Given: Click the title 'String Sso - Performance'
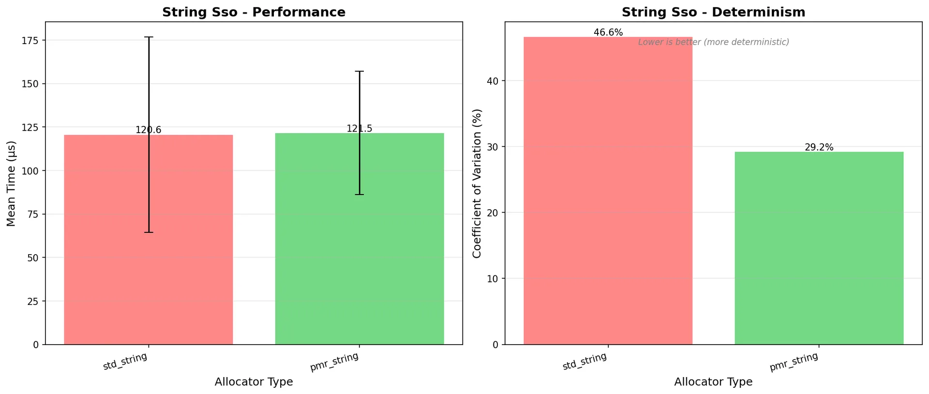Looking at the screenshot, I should (x=254, y=12).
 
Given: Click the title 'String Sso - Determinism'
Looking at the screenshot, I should (x=713, y=12).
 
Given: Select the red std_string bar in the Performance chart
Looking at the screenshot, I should (x=106, y=242).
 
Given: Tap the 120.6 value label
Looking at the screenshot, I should (x=148, y=130).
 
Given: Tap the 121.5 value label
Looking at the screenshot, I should (x=359, y=128).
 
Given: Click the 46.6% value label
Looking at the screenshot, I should (x=608, y=32).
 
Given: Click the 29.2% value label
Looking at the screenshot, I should (x=819, y=147).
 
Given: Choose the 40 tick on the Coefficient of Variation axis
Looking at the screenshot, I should (x=492, y=81).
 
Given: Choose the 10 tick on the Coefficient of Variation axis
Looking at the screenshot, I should (x=492, y=278).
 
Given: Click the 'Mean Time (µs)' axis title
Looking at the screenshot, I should (x=11, y=183).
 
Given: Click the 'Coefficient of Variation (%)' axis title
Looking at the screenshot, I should (x=477, y=183).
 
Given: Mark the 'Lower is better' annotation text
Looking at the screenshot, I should (x=713, y=42).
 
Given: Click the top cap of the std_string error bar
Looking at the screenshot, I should (x=149, y=37).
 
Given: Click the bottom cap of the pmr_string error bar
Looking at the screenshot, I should (x=359, y=195).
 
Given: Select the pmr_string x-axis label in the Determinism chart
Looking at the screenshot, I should (x=794, y=362).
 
